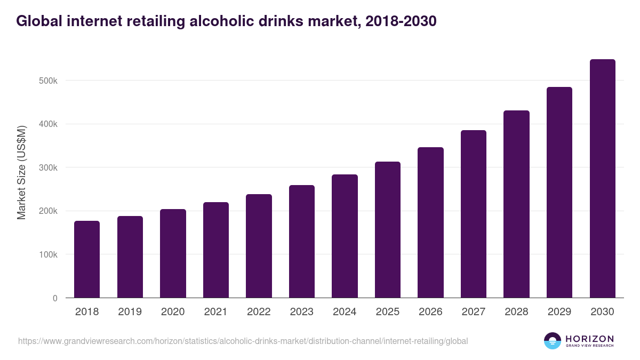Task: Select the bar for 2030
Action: (602, 179)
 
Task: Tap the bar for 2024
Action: (345, 236)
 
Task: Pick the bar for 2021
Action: (215, 250)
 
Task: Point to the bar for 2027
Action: (474, 214)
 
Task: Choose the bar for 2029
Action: (559, 193)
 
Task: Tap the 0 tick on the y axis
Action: (54, 298)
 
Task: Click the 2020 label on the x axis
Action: (173, 312)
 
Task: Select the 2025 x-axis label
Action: (388, 312)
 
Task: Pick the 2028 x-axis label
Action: (516, 312)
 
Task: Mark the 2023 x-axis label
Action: (302, 312)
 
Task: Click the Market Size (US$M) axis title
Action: (22, 173)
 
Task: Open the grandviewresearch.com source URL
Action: (243, 341)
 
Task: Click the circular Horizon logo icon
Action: (553, 341)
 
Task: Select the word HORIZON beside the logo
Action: (589, 339)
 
